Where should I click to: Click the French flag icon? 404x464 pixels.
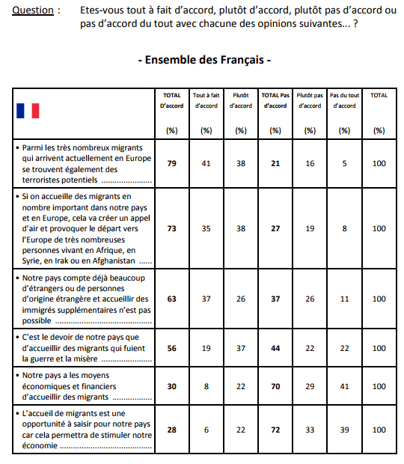coord(28,111)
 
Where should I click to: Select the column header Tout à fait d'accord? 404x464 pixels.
coord(206,100)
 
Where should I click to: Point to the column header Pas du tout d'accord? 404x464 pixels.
coord(344,100)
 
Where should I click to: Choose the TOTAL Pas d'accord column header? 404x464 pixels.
coord(275,100)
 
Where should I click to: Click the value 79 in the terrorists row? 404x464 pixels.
coord(172,164)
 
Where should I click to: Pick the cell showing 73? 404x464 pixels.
coord(172,228)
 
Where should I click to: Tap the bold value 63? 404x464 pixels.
coord(172,299)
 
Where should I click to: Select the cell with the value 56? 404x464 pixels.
coord(172,348)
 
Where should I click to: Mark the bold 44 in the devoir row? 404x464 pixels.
coord(275,348)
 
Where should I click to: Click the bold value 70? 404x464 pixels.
coord(275,386)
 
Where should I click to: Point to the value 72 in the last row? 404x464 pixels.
coord(275,430)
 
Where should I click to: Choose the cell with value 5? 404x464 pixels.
coord(344,164)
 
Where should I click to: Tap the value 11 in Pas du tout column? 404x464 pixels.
coord(344,299)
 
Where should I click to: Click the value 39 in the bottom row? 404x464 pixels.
coord(344,430)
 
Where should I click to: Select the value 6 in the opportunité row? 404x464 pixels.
coord(206,430)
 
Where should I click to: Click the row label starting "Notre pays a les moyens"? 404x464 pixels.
coord(84,386)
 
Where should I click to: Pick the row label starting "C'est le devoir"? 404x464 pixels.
coord(84,348)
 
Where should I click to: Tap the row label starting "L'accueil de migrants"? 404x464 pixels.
coord(84,430)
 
